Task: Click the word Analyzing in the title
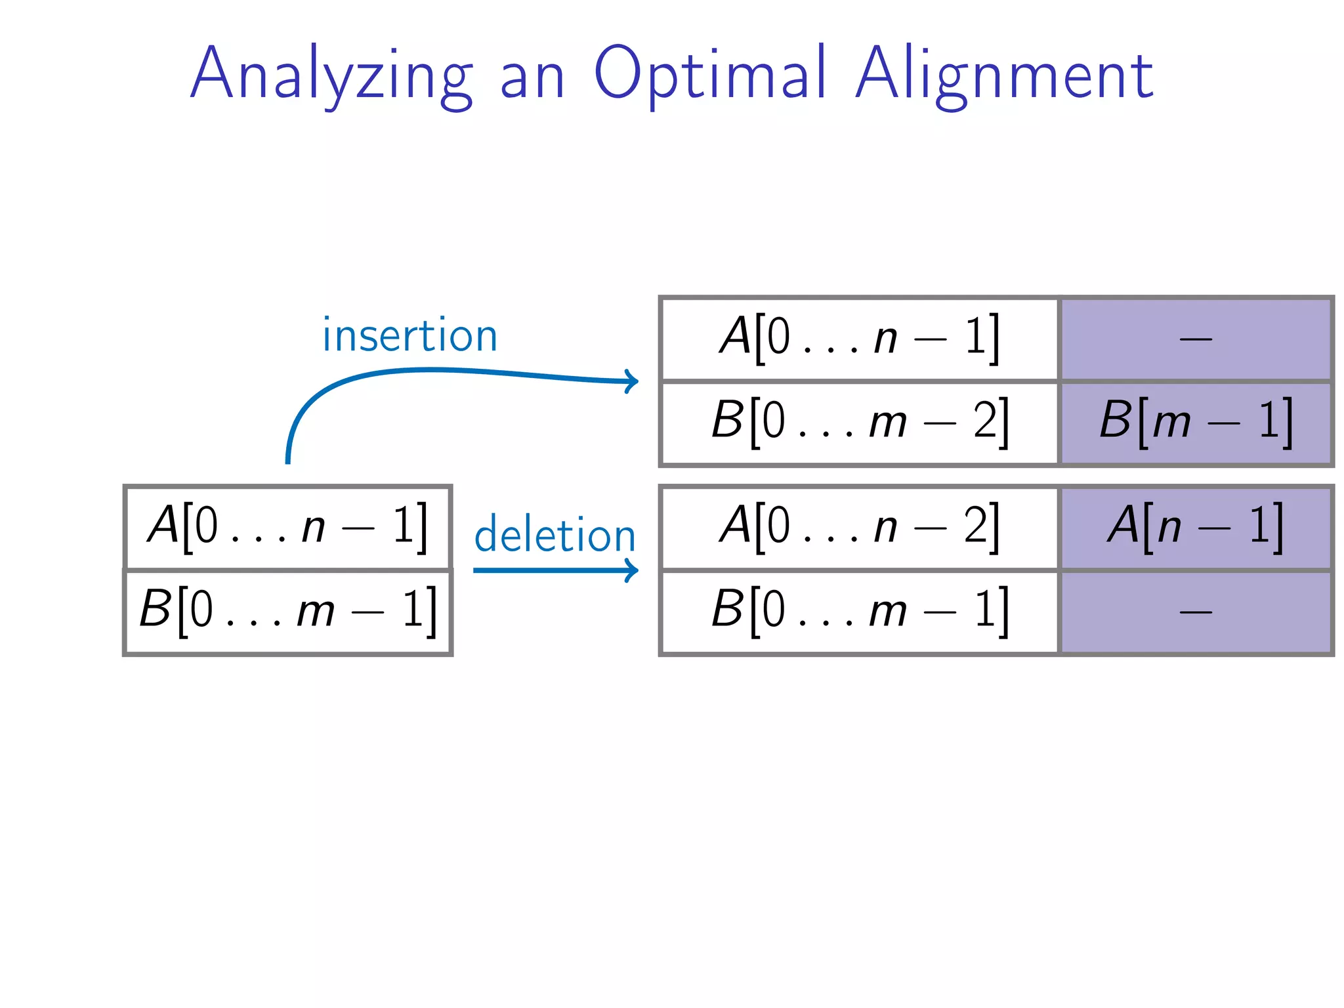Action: pos(331,75)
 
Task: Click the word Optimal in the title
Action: pos(709,75)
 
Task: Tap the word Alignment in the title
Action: pos(1005,75)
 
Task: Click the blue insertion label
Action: pos(410,335)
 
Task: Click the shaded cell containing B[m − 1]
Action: pos(1196,423)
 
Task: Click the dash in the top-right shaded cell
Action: pos(1196,339)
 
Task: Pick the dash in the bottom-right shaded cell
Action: pos(1196,612)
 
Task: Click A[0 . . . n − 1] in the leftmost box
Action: pos(287,527)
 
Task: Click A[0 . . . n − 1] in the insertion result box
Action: pos(860,339)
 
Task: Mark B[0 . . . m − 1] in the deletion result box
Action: pos(860,611)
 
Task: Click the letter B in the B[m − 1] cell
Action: pos(1116,420)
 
